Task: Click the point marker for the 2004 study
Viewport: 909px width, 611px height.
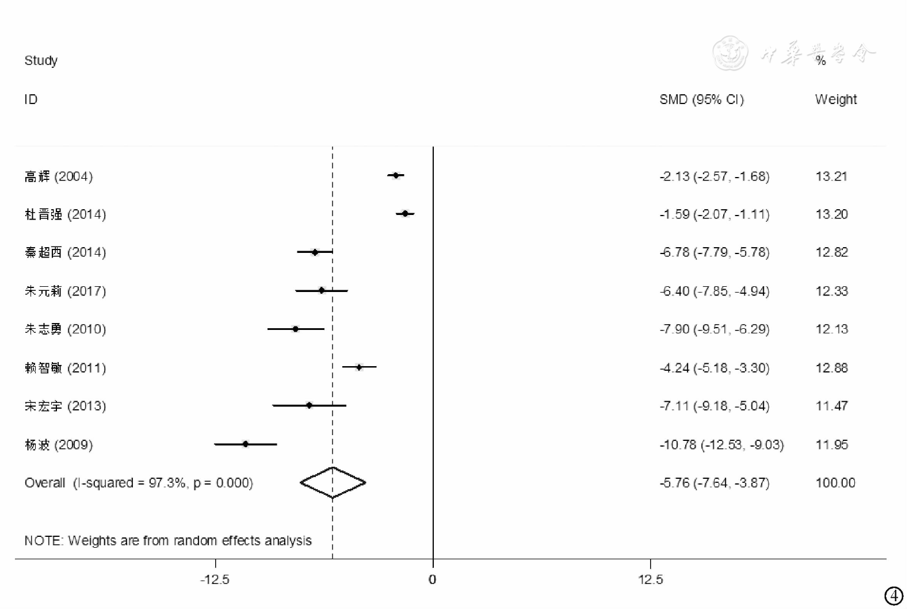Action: (x=396, y=175)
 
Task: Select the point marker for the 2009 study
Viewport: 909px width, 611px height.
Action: (x=246, y=444)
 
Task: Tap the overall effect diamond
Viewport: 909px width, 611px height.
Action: (x=333, y=482)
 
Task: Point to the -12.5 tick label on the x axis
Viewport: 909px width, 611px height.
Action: (x=215, y=579)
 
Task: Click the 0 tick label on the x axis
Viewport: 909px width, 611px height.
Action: (x=433, y=579)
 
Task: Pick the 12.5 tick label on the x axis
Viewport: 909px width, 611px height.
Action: (x=650, y=579)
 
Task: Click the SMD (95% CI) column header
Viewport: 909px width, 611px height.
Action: (x=701, y=99)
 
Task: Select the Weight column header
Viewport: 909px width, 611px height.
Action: (x=835, y=99)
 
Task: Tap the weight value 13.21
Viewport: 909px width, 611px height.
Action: (x=831, y=176)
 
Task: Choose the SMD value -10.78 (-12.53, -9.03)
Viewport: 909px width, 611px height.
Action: (x=721, y=444)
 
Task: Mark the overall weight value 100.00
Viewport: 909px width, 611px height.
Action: (x=835, y=483)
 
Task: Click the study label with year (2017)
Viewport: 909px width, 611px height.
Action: (x=65, y=291)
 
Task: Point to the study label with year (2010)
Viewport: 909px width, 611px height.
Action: (x=65, y=329)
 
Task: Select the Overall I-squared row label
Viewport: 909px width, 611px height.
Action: (x=139, y=483)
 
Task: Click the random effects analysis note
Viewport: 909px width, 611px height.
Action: (x=168, y=540)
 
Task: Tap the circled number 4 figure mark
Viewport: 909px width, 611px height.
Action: (x=893, y=596)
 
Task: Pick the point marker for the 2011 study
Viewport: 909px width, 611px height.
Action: (x=359, y=367)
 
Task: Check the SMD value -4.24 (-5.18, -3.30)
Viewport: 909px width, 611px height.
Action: (x=714, y=368)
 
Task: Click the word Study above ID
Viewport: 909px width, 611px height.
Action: (x=41, y=60)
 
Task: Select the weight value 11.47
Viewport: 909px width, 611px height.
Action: (x=831, y=406)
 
